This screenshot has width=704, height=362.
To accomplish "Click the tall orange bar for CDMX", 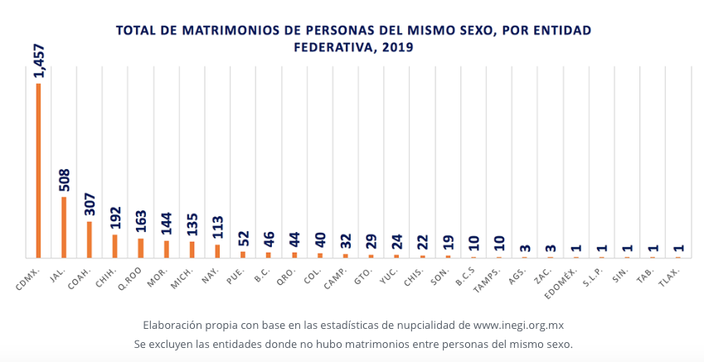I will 38,171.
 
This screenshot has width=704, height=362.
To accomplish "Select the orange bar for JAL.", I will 64,227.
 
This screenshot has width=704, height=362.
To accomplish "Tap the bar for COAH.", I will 90,239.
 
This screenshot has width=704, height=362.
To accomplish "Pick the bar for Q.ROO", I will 141,248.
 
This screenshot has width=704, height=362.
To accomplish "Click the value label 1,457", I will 39,60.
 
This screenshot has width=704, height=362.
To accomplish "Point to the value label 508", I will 64,180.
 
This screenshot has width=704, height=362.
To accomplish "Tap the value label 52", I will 244,239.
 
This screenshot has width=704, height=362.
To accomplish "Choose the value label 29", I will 371,242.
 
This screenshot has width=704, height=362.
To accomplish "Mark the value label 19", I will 449,243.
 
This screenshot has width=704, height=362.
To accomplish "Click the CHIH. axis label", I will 105,277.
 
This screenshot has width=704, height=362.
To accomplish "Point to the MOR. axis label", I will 158,276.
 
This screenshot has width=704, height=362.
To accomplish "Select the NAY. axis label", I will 210,276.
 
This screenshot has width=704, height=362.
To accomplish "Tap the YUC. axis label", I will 389,276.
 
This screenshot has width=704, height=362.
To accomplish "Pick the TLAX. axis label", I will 670,277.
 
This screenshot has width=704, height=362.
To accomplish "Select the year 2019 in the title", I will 396,47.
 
